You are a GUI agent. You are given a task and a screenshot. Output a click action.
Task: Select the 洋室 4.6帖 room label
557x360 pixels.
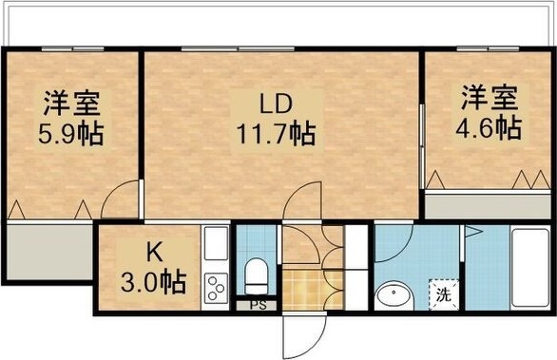tap(490, 112)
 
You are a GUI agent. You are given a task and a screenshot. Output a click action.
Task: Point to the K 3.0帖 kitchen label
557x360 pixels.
tap(153, 268)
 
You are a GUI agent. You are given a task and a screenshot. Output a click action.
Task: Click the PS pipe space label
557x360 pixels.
tap(257, 305)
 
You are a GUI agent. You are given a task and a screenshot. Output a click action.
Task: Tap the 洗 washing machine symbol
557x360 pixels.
tap(443, 294)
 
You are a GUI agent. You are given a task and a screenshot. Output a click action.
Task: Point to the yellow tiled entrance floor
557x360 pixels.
tap(300, 289)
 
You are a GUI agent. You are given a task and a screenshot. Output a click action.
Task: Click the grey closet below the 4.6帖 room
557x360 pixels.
tap(488, 206)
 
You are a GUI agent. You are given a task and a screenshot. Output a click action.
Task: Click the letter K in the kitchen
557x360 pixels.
tap(153, 253)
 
